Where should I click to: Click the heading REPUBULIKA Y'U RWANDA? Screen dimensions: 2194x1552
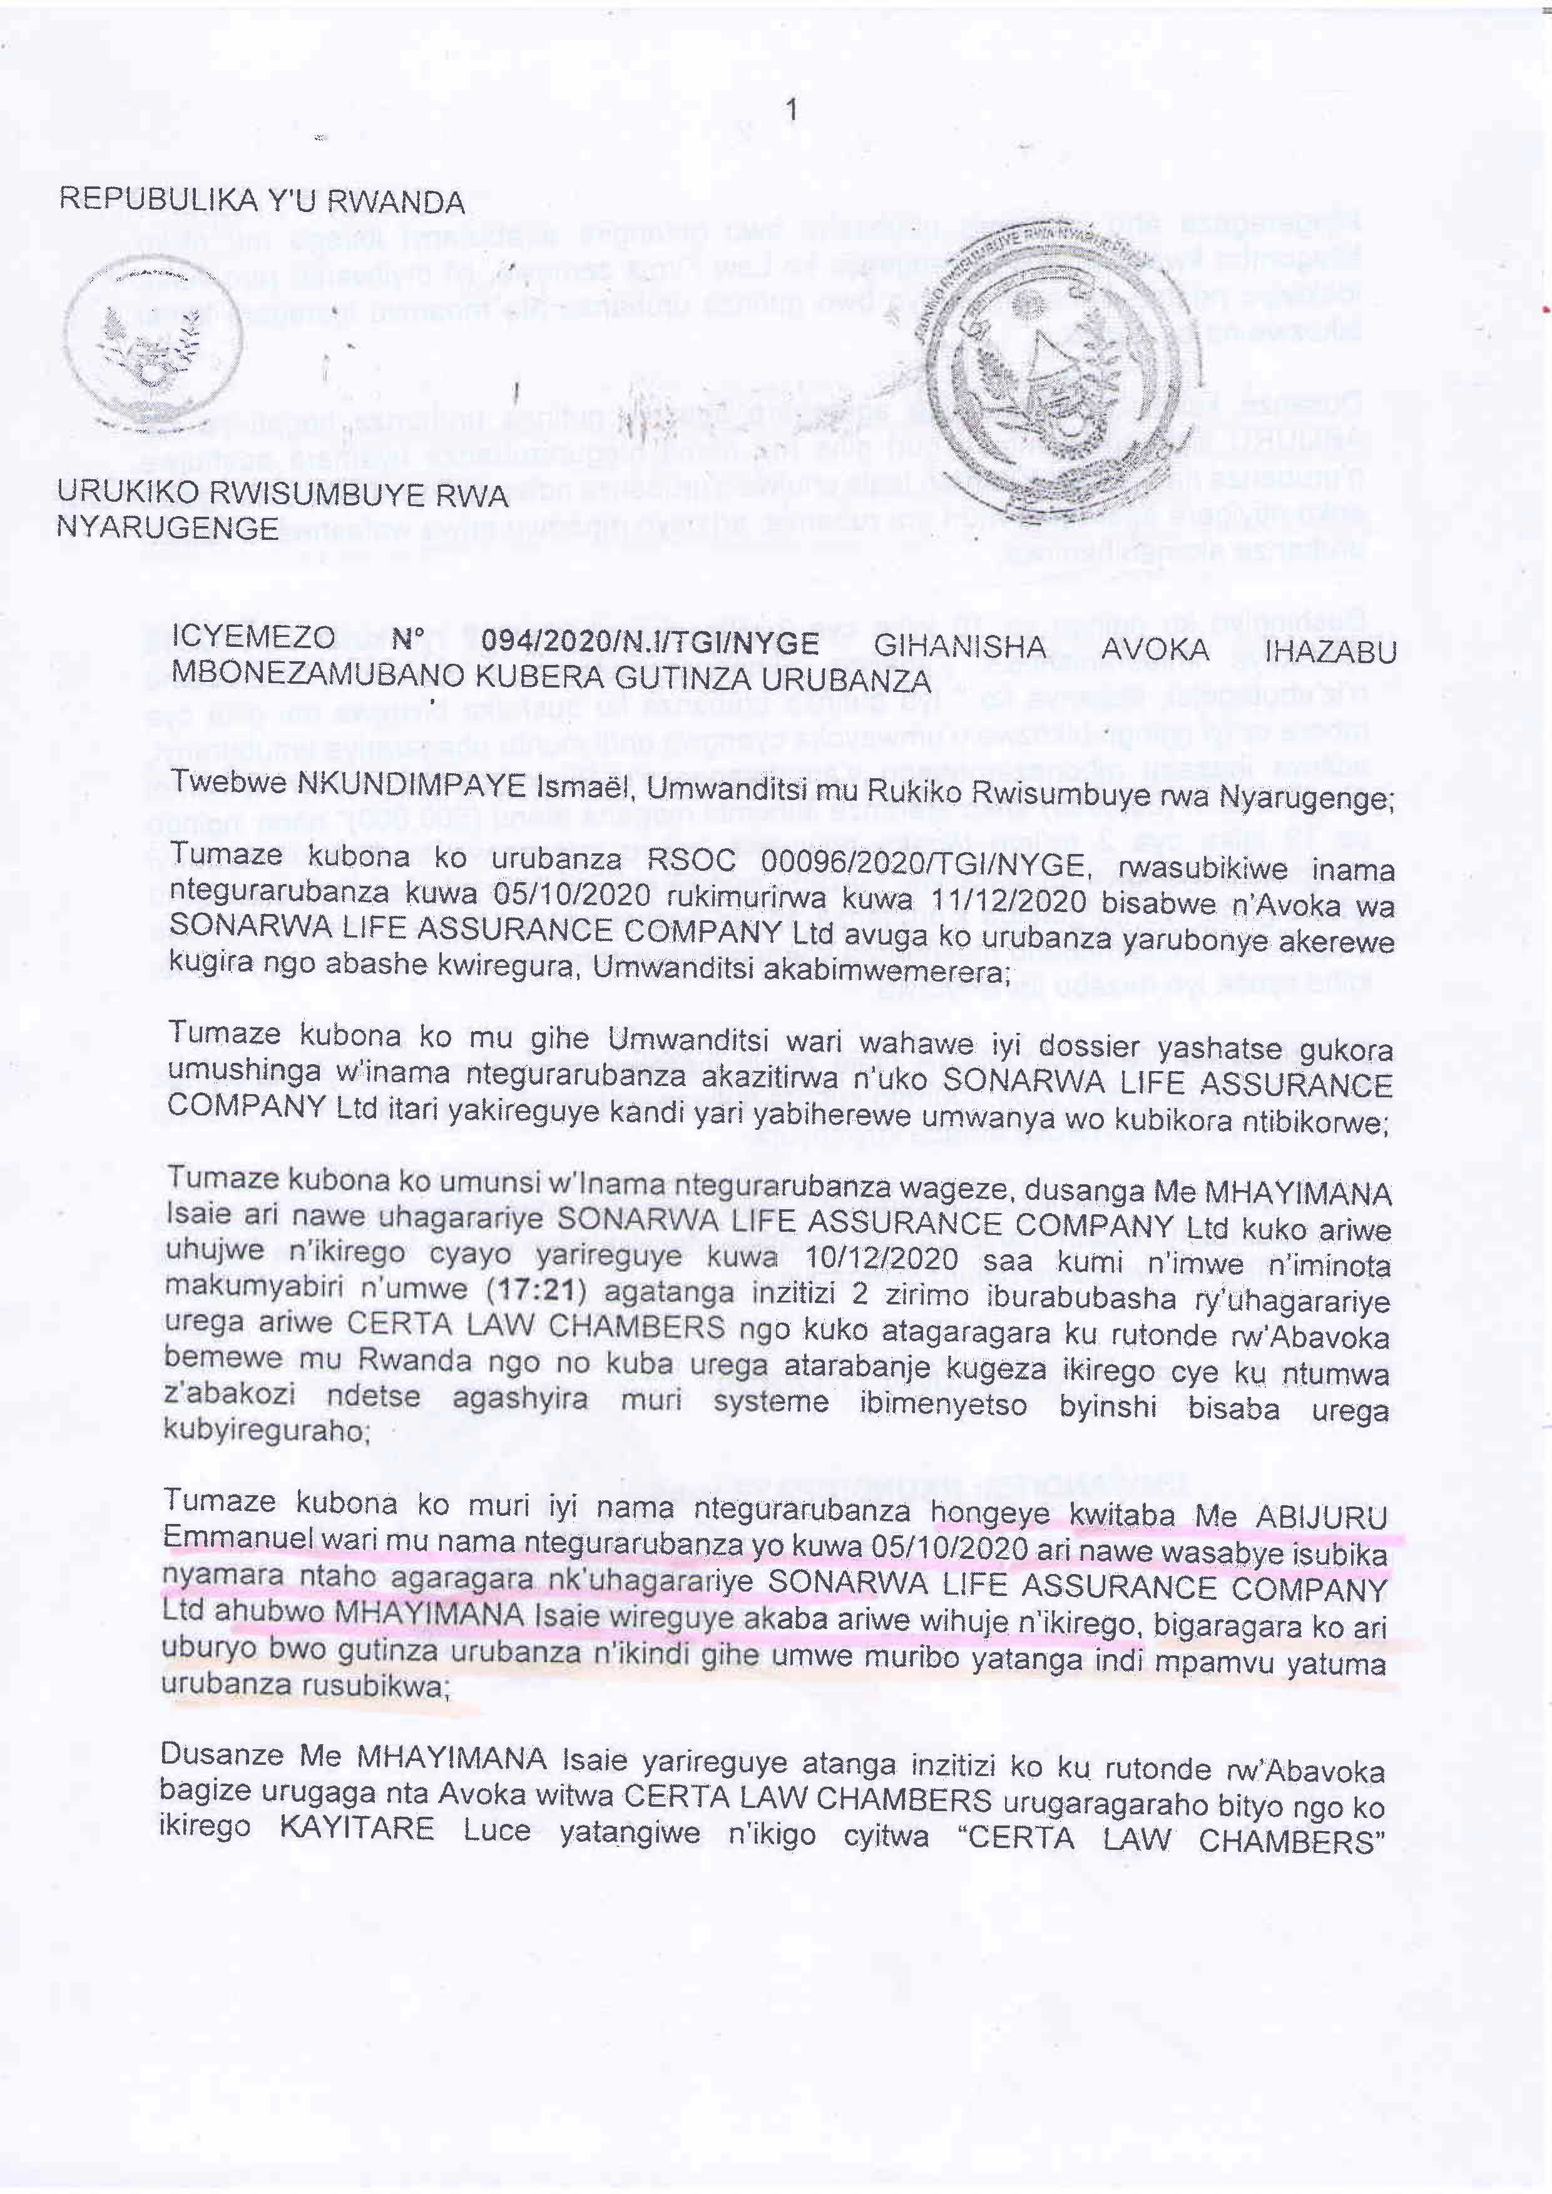[x=262, y=201]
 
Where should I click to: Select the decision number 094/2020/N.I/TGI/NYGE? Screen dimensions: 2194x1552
[x=650, y=642]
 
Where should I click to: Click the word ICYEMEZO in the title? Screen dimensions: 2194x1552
[x=253, y=637]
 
